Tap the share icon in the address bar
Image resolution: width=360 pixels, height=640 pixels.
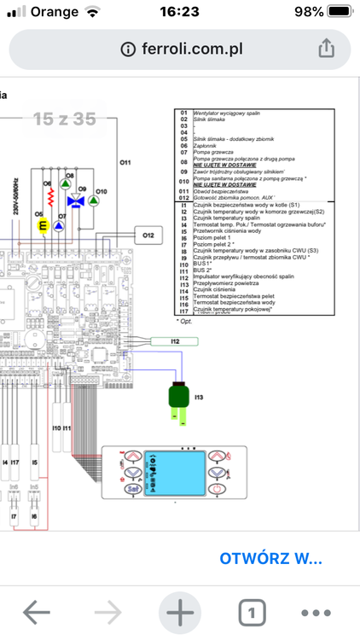pos(325,49)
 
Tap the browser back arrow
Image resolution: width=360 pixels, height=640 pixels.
pos(37,612)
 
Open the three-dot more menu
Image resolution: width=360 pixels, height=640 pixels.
pos(316,612)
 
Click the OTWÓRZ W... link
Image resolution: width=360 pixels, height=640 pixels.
pos(270,559)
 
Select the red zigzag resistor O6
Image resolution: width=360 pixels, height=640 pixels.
pos(49,199)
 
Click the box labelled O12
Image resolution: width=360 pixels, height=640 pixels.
pos(148,235)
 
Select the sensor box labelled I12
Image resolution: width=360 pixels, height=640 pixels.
pos(175,341)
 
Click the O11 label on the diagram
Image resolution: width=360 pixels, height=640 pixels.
pos(125,161)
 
